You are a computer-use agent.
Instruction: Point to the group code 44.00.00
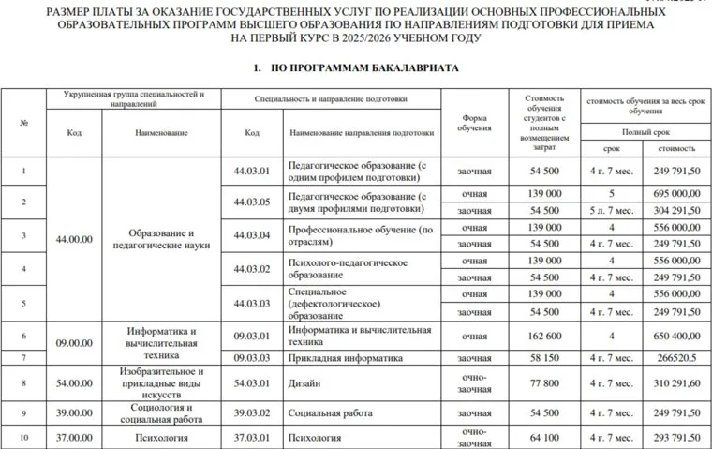pos(74,240)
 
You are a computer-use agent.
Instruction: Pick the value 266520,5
pos(676,357)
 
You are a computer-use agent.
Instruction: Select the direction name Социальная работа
pos(328,413)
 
